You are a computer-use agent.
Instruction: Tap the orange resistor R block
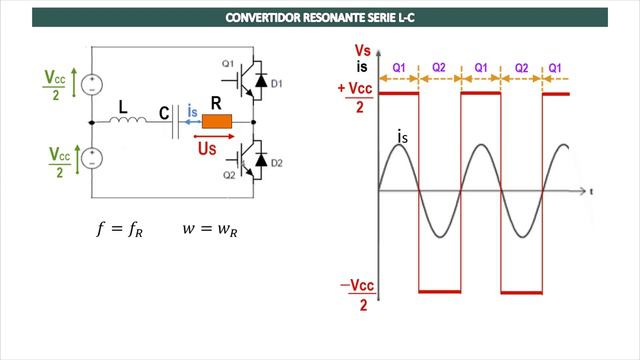pos(217,122)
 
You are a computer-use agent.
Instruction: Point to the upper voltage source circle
pos(91,81)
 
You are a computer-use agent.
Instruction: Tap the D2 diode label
pos(277,161)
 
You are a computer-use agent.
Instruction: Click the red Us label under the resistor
pos(208,148)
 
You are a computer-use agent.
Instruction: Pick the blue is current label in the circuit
pos(194,112)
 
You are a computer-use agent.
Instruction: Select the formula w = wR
pos(210,229)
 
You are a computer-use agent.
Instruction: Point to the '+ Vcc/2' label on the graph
pos(356,97)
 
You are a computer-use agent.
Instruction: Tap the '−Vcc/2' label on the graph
pos(356,296)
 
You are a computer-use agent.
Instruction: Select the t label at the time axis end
pos(592,190)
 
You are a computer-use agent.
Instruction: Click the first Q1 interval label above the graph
pos(398,67)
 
